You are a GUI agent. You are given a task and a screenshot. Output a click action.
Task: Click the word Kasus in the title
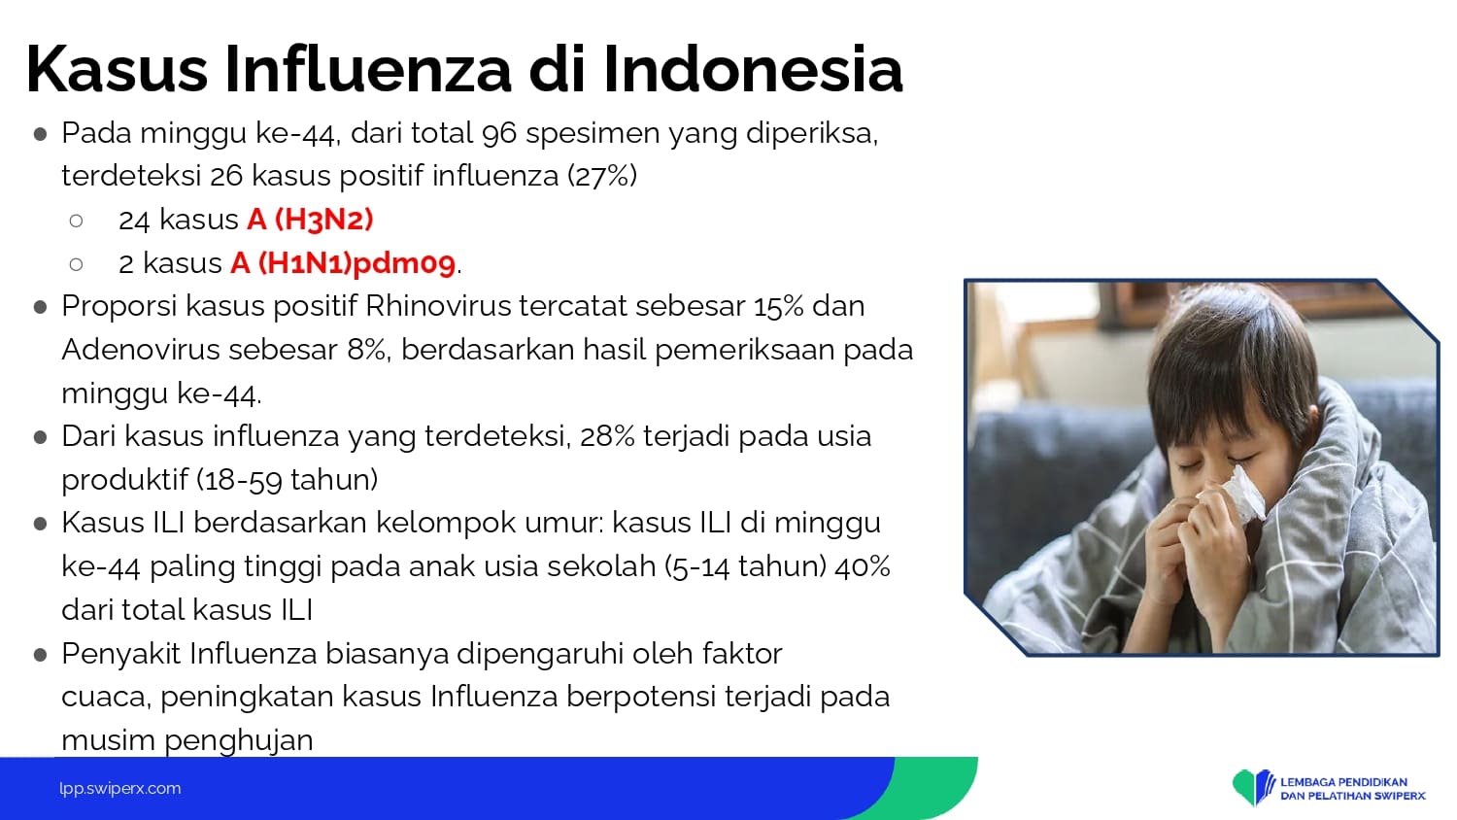(x=118, y=69)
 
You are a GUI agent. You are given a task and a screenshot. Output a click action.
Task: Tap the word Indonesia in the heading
(x=753, y=69)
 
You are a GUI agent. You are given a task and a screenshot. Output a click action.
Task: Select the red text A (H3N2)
(x=310, y=220)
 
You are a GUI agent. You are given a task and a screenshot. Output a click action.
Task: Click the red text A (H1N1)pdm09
(x=343, y=263)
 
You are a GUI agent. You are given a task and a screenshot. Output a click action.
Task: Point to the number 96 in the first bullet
(x=499, y=133)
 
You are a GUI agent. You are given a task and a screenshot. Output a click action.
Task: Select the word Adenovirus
(x=141, y=350)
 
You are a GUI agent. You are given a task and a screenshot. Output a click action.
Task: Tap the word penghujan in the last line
(x=239, y=740)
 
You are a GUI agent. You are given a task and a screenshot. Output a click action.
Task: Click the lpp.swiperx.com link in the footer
(x=120, y=788)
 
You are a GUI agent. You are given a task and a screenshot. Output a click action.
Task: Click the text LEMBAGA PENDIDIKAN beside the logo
(x=1343, y=781)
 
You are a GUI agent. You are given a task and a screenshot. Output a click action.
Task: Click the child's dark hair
(x=1230, y=364)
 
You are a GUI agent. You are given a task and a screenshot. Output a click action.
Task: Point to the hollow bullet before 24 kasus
(x=76, y=221)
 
